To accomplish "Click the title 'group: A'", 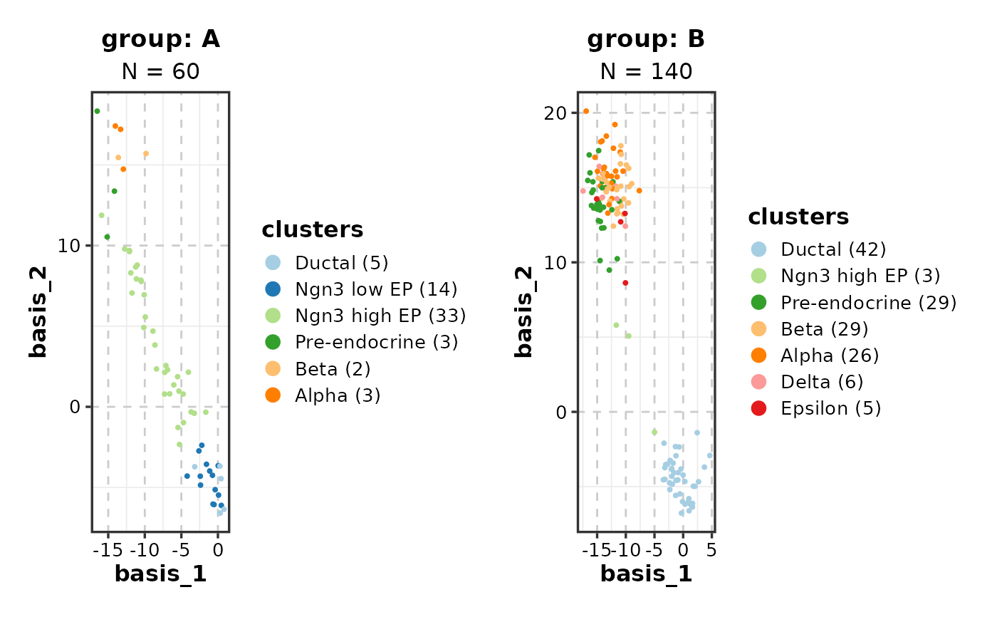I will [160, 39].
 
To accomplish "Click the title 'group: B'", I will [646, 39].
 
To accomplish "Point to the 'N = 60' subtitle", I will [160, 71].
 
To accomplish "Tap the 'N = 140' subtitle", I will [646, 71].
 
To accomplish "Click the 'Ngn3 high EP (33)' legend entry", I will [380, 316].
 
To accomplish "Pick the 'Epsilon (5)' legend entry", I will [831, 408].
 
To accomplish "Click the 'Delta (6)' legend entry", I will [822, 382].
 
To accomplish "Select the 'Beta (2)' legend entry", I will [333, 368].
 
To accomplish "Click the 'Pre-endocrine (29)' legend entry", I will [868, 303].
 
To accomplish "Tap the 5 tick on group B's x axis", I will [711, 550].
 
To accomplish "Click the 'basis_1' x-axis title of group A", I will [160, 574].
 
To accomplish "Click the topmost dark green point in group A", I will [97, 111].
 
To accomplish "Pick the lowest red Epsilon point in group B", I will [625, 283].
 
